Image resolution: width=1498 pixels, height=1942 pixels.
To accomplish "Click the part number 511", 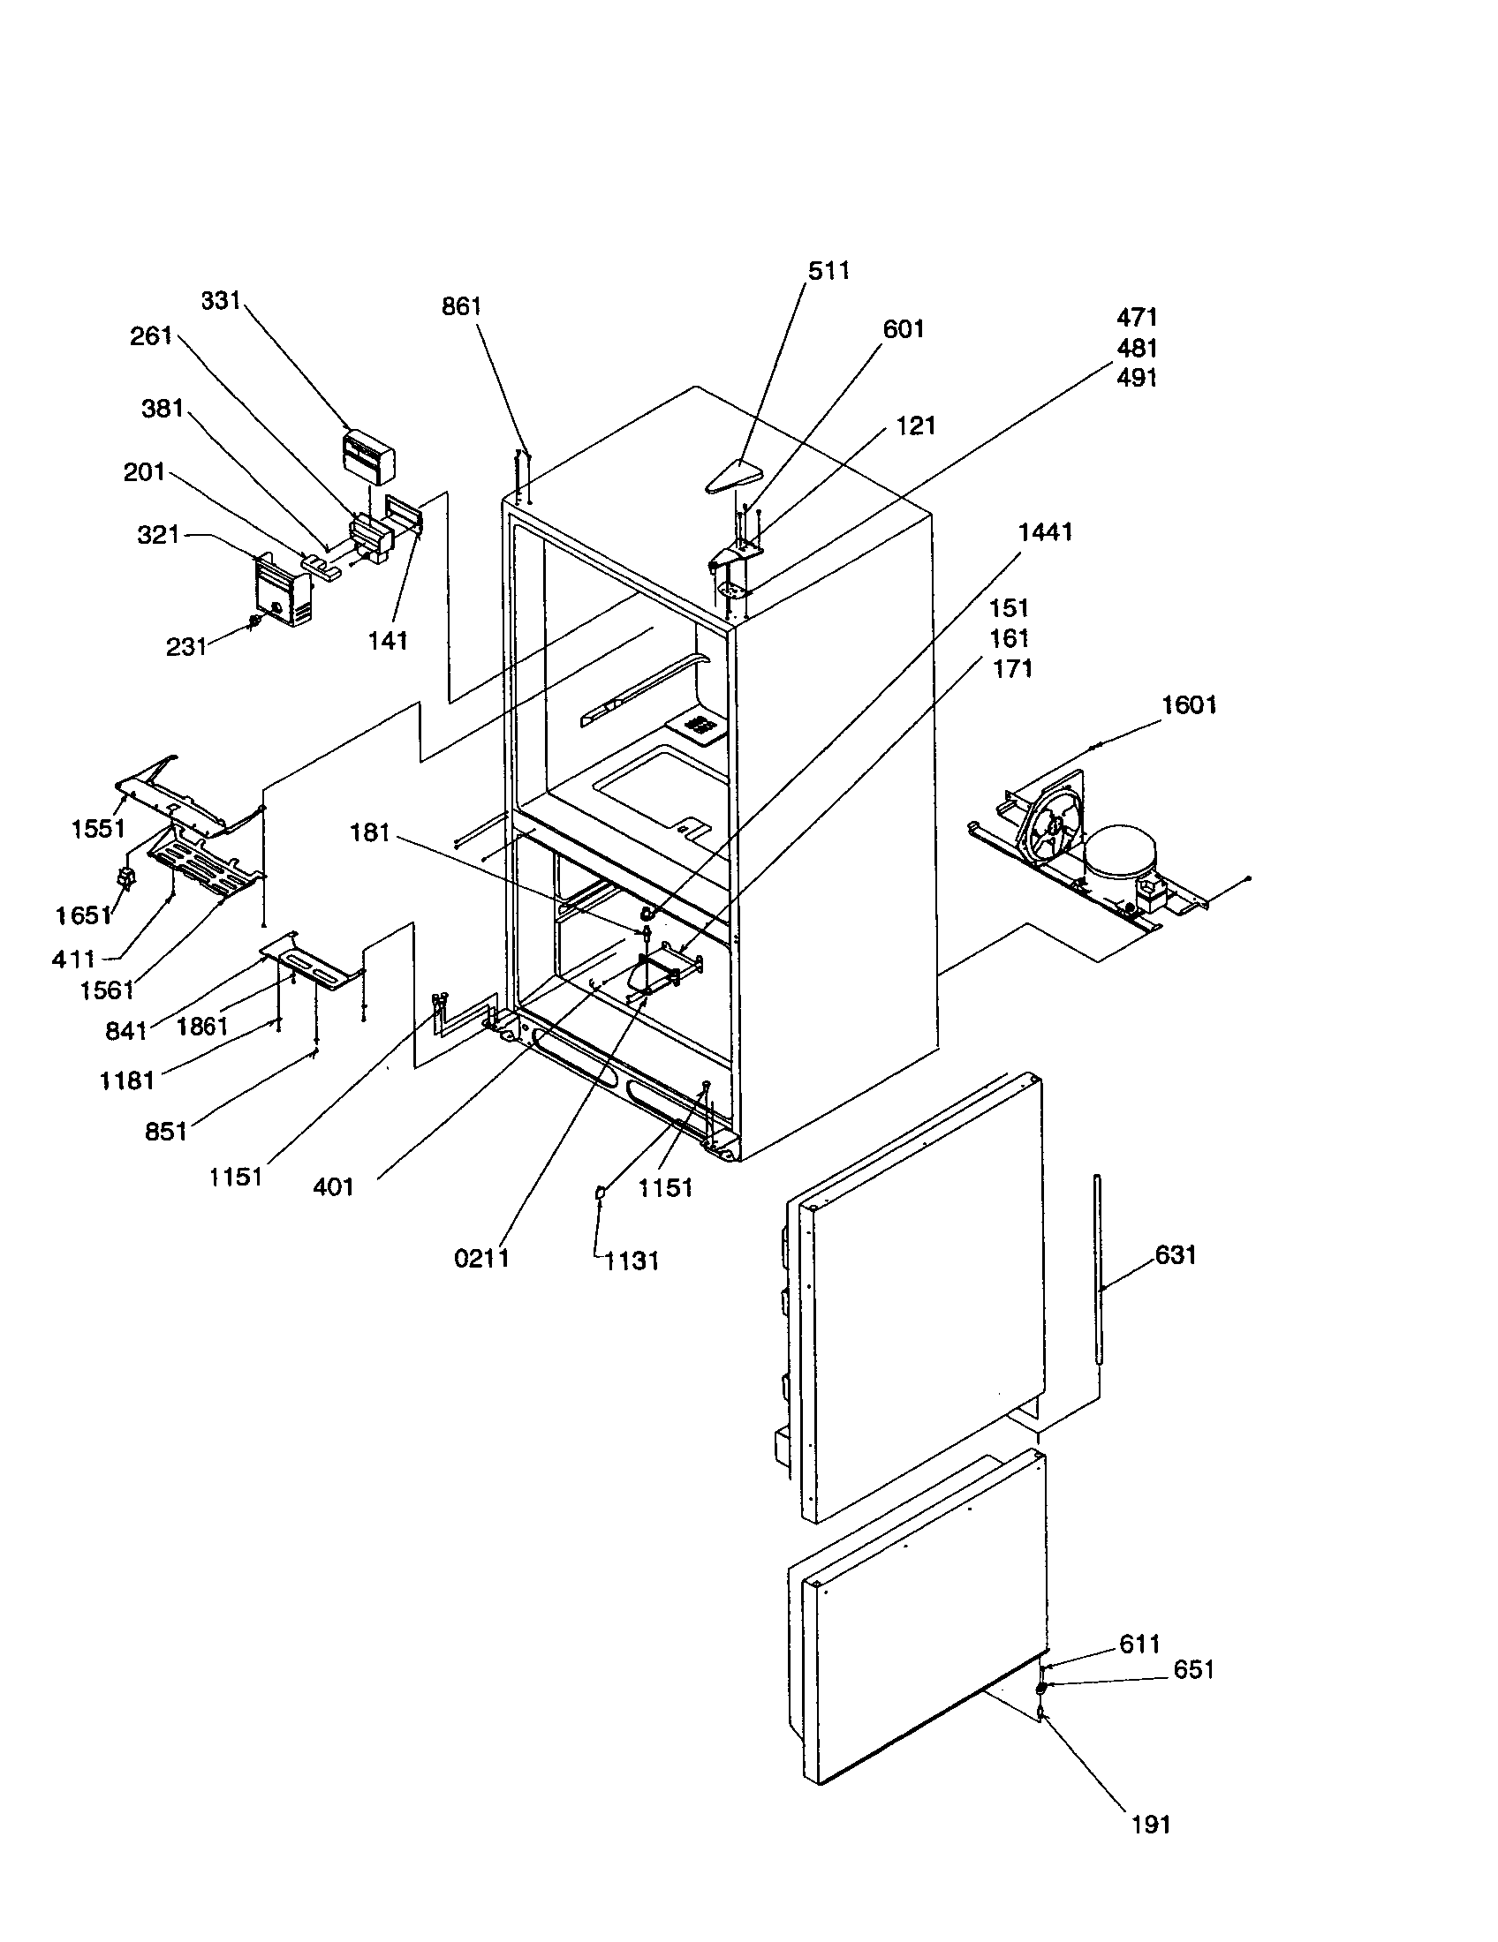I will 828,270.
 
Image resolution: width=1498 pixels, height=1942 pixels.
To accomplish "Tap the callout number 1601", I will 1189,705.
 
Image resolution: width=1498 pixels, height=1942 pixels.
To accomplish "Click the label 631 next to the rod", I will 1175,1254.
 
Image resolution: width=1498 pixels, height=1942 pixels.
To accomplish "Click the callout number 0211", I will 481,1258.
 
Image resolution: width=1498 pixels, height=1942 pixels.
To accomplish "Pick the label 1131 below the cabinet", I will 632,1261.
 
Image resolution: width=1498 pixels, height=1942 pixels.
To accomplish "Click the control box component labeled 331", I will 368,455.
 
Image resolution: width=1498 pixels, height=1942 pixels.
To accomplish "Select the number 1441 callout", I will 1045,531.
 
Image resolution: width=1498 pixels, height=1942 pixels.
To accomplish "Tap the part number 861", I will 461,307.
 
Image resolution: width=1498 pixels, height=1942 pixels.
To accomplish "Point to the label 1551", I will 98,829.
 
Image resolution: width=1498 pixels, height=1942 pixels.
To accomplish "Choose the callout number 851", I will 166,1132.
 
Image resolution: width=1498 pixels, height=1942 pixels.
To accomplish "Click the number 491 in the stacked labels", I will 1136,378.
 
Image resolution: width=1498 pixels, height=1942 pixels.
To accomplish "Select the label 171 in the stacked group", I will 1012,669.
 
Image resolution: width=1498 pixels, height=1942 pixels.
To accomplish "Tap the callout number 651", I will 1193,1670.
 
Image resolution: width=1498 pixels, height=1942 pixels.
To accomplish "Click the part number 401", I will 334,1186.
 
